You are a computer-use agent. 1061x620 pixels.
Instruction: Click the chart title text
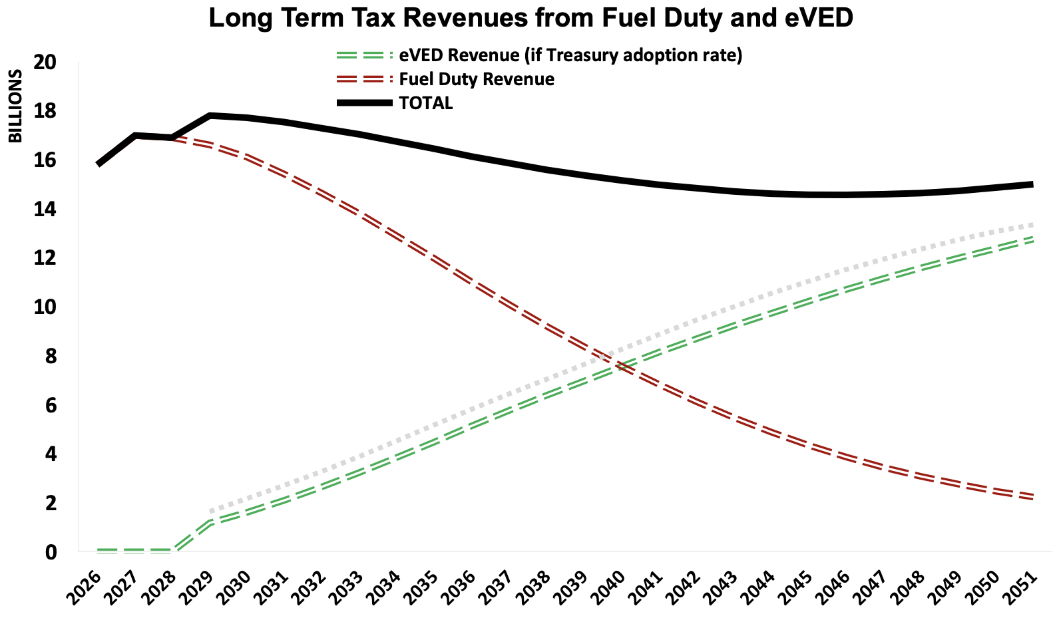tap(530, 18)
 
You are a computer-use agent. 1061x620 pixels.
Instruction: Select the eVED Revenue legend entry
tap(570, 55)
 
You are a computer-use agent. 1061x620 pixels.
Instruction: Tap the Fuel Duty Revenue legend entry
tap(477, 79)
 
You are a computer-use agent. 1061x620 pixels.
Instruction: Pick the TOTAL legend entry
tap(425, 103)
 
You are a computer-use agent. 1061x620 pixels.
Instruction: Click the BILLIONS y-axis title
tap(15, 106)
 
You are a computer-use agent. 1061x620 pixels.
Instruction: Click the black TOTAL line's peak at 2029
tap(210, 116)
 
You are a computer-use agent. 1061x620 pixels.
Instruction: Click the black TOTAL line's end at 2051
tap(1032, 184)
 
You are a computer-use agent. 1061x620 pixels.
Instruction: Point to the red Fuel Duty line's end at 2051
tap(1032, 497)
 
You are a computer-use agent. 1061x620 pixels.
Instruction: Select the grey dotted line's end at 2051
tap(1032, 224)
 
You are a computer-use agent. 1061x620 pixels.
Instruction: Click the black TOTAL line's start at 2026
tap(99, 164)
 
